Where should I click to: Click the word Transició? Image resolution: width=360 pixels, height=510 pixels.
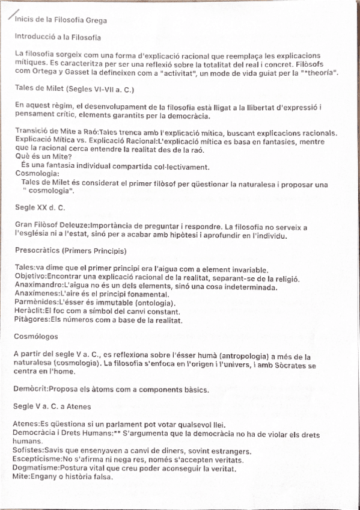[x=29, y=133]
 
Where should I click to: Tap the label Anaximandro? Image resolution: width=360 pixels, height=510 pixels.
[x=38, y=286]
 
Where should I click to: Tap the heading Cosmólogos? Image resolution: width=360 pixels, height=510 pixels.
[x=36, y=339]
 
